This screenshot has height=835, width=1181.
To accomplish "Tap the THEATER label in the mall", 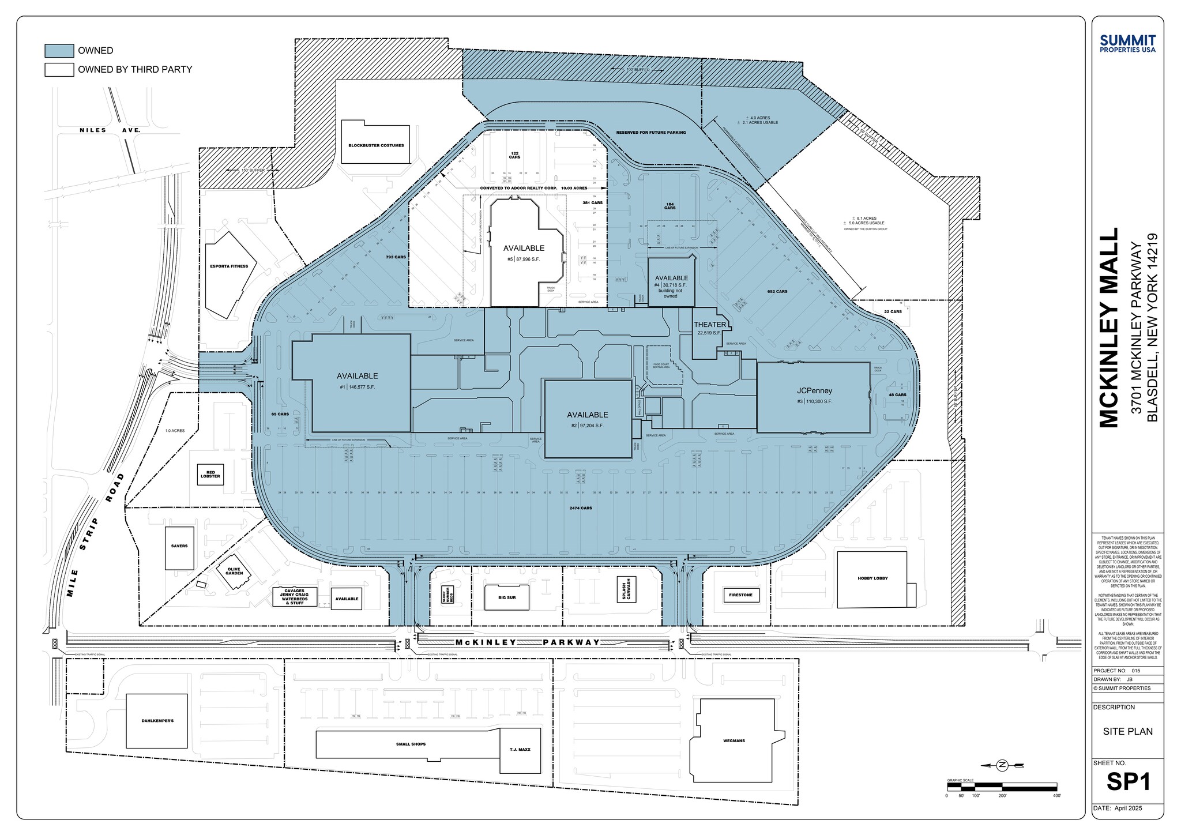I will [709, 325].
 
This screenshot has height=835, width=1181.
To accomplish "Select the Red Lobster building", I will [210, 475].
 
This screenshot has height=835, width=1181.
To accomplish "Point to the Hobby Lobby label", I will [872, 578].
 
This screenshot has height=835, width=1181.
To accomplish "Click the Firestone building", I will [740, 595].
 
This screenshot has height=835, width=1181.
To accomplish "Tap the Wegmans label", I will [734, 740].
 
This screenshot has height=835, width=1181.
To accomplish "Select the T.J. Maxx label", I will [520, 750].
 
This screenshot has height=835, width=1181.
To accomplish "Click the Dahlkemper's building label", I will [157, 721].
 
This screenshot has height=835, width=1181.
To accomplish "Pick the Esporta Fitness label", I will [229, 266].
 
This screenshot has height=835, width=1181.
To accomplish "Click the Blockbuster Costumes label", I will [376, 145].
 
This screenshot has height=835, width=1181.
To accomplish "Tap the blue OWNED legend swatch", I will [59, 51].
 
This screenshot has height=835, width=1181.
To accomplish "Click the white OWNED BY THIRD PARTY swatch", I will [59, 70].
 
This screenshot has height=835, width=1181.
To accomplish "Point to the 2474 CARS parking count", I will [580, 508].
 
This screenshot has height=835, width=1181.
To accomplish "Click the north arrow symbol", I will [1002, 765].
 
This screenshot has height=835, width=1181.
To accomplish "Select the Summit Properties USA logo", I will [1127, 43].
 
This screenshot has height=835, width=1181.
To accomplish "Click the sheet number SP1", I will [1128, 782].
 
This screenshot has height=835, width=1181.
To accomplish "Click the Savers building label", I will [179, 546].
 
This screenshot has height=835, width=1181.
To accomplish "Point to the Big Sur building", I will [507, 597].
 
